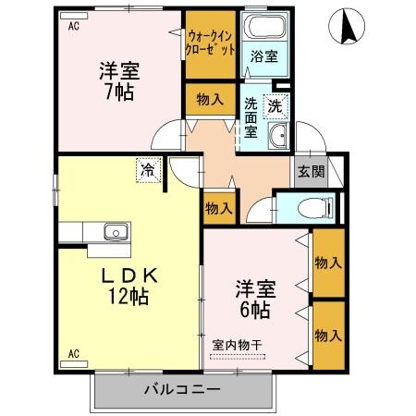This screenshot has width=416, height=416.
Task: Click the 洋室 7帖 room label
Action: [x=117, y=80]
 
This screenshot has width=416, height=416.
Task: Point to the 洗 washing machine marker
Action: [x=275, y=106]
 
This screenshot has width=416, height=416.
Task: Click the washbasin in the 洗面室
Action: [x=276, y=139]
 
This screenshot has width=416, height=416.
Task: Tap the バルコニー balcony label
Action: [x=181, y=389]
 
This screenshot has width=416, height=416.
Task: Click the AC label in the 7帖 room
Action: [x=74, y=25]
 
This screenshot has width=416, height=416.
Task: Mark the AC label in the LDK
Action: [x=73, y=353]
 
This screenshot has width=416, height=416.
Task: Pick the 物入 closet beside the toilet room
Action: [x=218, y=209]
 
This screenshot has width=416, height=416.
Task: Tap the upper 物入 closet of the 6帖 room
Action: [x=328, y=262]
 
